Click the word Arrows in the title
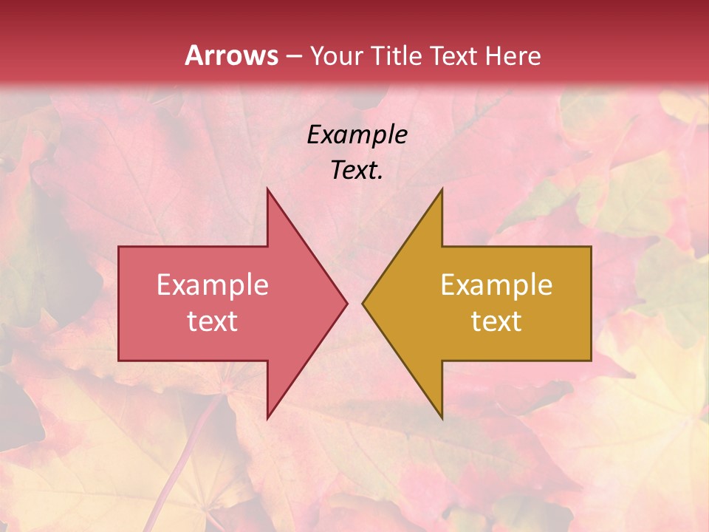coord(231,55)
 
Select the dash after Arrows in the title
coord(293,56)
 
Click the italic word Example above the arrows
coord(357,134)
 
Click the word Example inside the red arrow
coord(213,285)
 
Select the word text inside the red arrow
coord(213,321)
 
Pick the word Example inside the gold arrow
coord(496,285)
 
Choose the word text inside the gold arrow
coord(496,321)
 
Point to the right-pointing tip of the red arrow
coord(346,303)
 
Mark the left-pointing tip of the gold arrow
coord(363,303)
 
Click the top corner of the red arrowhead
coord(267,188)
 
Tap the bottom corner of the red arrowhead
coord(267,418)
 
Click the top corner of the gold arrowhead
coord(442,188)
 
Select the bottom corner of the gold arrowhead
coord(442,418)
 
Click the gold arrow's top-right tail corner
coord(591,247)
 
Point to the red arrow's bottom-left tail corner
coord(119,361)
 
